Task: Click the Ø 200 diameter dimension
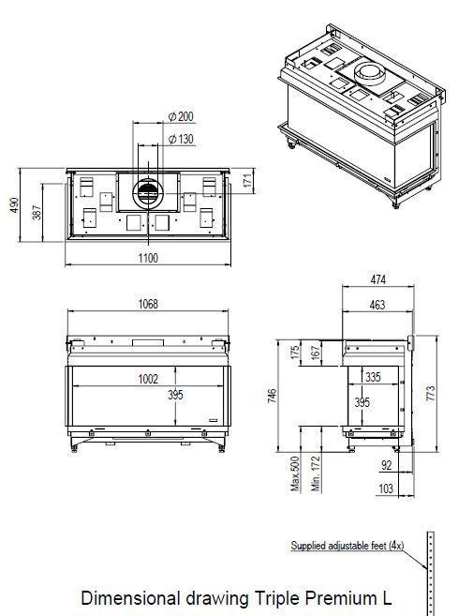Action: [x=181, y=116]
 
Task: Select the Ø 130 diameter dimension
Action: [x=181, y=139]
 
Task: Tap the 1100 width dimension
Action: [x=148, y=258]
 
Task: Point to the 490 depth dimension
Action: [x=14, y=205]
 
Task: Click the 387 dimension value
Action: [x=37, y=212]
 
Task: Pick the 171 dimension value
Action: [x=247, y=180]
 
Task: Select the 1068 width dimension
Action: [x=148, y=304]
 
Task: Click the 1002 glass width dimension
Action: [x=148, y=379]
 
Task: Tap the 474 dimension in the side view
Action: [x=378, y=279]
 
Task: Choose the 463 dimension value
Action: [x=377, y=305]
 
